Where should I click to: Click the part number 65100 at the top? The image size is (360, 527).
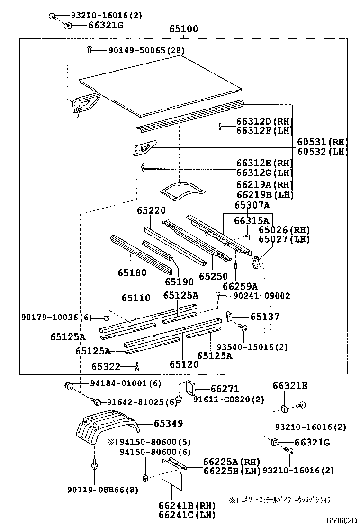pos(183,29)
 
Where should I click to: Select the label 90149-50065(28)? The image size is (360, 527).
pos(140,50)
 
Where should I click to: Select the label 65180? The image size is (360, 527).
pos(132,273)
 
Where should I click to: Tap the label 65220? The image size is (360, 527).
pos(152,210)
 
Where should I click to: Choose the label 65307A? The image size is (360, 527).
pos(252,205)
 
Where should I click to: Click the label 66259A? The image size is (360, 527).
pos(240,286)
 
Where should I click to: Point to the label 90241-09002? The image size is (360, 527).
pos(261,296)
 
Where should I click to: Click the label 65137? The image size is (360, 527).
pos(265,317)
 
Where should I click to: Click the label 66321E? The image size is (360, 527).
pos(289,386)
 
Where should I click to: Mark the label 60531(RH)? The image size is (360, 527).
pos(322,142)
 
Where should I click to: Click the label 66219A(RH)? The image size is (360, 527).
pos(265,184)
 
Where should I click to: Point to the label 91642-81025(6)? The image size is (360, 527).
pos(142,402)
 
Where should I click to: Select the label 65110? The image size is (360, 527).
pos(135,298)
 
